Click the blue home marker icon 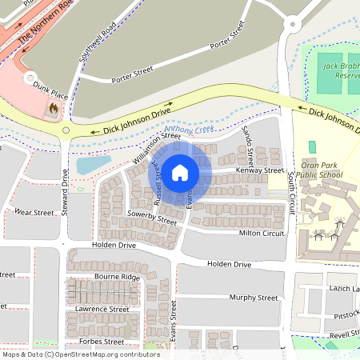coord(180,172)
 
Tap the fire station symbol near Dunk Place coord(54,106)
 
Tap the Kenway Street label coord(259,170)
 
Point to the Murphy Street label coord(253,298)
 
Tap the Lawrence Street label coord(102,309)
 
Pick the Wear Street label coord(34,213)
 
